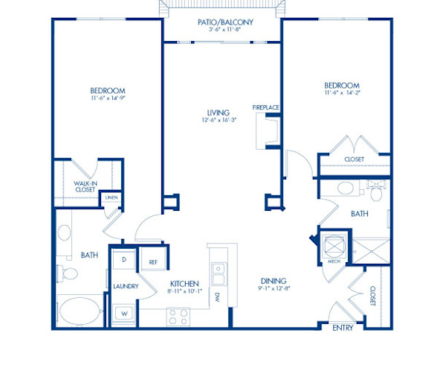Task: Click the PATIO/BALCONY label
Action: click(226, 22)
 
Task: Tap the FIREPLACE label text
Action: click(265, 107)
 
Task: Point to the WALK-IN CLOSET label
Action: click(85, 186)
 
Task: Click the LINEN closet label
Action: click(111, 197)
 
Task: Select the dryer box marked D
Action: click(123, 260)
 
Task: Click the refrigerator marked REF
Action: click(153, 262)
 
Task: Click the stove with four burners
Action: click(178, 316)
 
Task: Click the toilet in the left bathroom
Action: click(67, 276)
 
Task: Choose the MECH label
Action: click(334, 262)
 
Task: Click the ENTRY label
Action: click(343, 327)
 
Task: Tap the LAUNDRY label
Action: click(123, 286)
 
